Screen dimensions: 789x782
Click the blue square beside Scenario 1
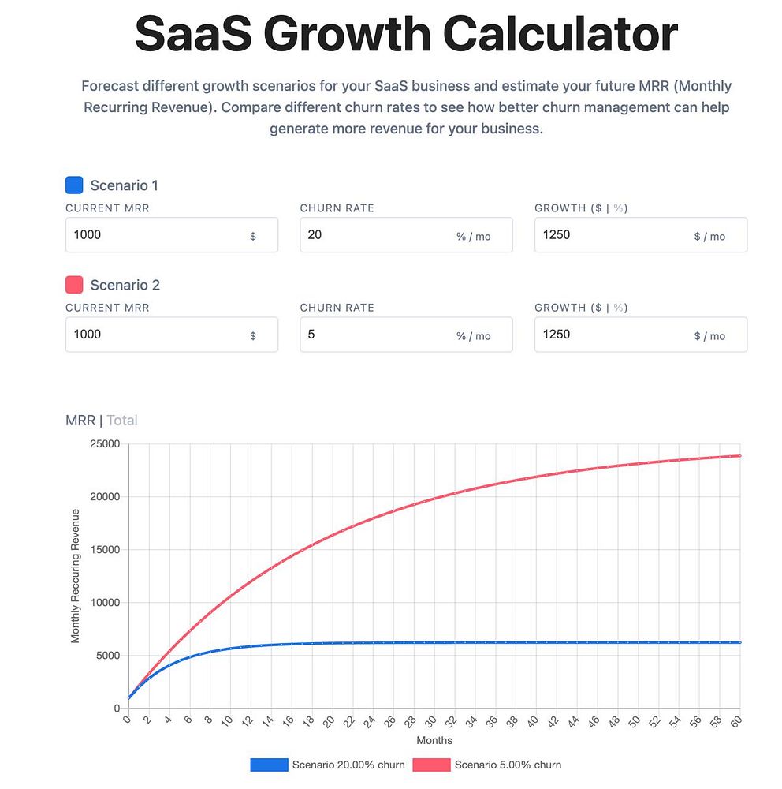[x=74, y=185]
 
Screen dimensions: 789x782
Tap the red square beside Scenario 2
[x=74, y=285]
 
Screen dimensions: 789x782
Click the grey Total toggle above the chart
[x=122, y=421]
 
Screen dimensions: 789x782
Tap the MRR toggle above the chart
[x=80, y=421]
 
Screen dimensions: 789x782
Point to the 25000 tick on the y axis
[x=104, y=444]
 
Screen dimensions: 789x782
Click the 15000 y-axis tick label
[x=104, y=550]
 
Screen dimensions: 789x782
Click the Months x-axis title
[x=434, y=741]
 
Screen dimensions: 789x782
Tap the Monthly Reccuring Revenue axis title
[x=76, y=576]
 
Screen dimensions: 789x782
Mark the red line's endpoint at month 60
[x=740, y=456]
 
